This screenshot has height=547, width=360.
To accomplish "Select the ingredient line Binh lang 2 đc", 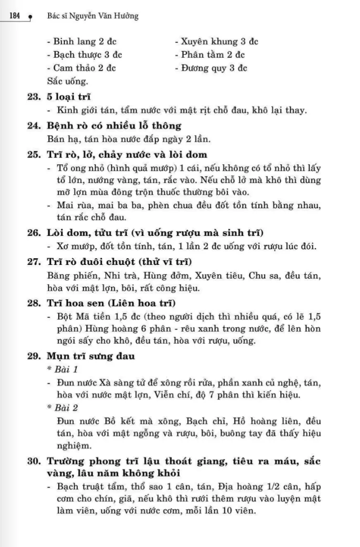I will [81, 41].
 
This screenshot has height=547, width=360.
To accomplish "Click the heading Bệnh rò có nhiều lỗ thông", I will [114, 126].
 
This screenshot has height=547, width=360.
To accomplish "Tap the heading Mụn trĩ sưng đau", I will [91, 356].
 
